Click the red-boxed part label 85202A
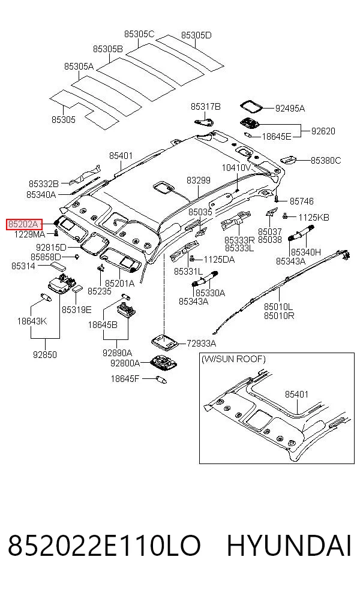pos(23,225)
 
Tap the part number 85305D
pos(196,35)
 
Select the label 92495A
pos(290,109)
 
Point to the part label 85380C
pos(326,161)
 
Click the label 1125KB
pos(314,217)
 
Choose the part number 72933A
pos(202,343)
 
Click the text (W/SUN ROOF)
pos(233,359)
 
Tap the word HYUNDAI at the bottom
pos(289,546)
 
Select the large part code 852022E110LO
pos(104,546)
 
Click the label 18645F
pos(125,378)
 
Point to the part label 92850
pos(45,354)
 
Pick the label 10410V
pos(236,167)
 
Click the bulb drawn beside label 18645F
pos(160,380)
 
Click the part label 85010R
pos(279,316)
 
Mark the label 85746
pos(302,201)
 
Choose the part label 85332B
pos(44,183)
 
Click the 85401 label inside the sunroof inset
pos(297,395)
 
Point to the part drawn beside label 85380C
pos(289,159)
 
